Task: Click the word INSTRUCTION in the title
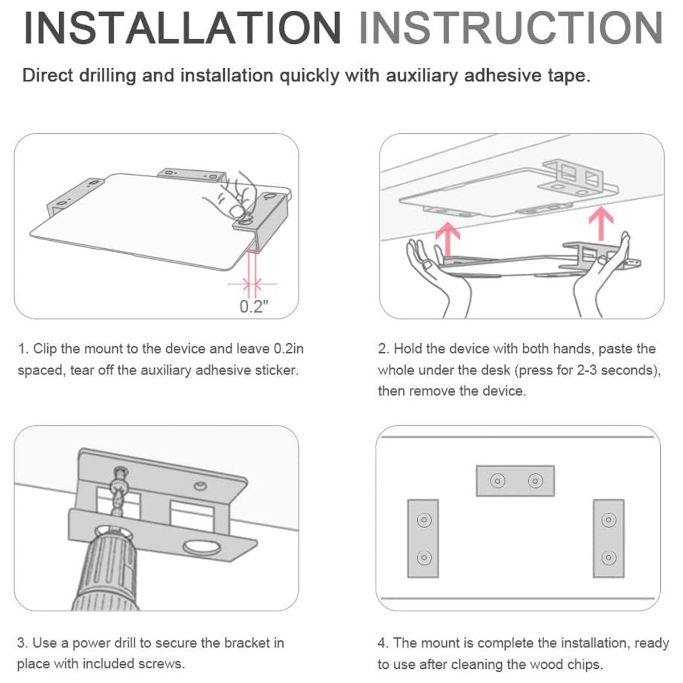pyautogui.click(x=511, y=28)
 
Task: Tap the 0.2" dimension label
pyautogui.click(x=254, y=306)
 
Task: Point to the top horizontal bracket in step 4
pyautogui.click(x=515, y=481)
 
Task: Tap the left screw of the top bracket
pyautogui.click(x=497, y=481)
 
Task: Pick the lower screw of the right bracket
pyautogui.click(x=608, y=558)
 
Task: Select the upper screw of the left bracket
pyautogui.click(x=423, y=520)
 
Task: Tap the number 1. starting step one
pyautogui.click(x=23, y=349)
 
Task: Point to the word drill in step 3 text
pyautogui.click(x=126, y=643)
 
